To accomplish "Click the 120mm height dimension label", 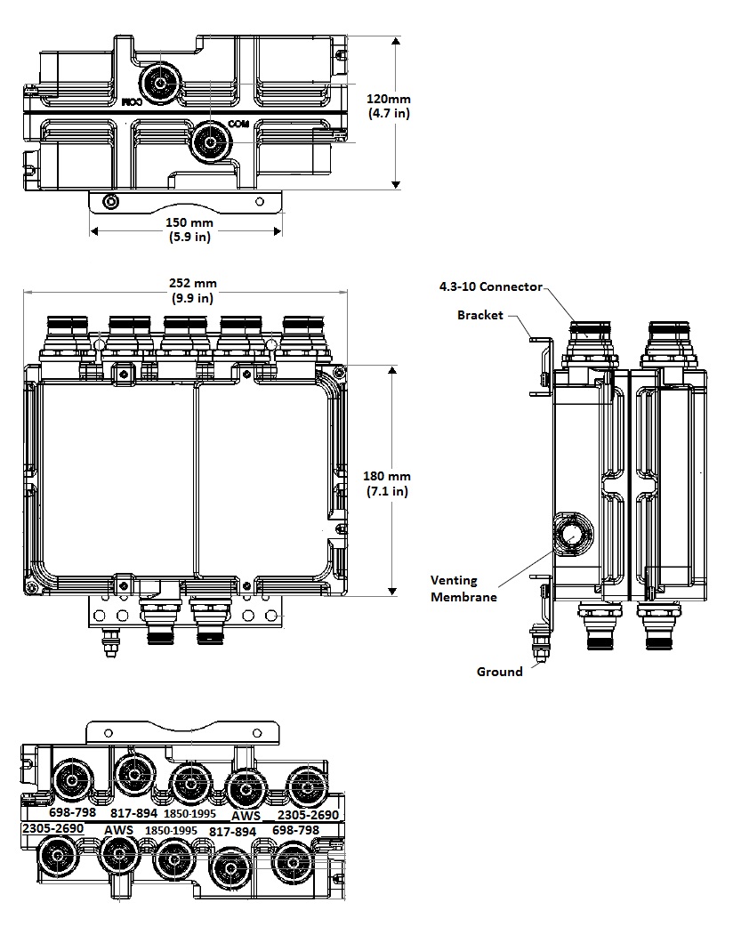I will coord(389,106).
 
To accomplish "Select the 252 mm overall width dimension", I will coord(193,291).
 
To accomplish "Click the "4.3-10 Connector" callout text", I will coord(490,286).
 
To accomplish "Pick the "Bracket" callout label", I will coord(480,315).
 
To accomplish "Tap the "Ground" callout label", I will coord(499,672).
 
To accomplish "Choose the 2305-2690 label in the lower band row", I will coord(52,828).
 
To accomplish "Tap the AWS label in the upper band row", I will coord(246,815).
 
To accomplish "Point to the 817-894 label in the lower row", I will coord(232,831).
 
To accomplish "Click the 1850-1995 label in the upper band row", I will coord(189,813).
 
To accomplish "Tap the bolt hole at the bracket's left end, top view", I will coord(109,203).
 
